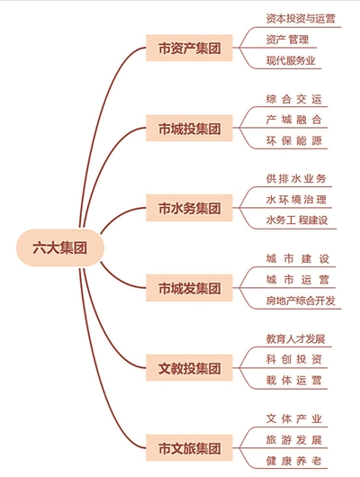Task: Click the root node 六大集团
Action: (x=60, y=247)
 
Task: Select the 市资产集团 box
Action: (x=189, y=48)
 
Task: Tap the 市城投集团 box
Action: (x=189, y=128)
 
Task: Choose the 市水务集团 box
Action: (x=189, y=208)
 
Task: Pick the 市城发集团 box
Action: (x=189, y=288)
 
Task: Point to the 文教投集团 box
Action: (x=189, y=368)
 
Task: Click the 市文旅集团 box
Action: (x=189, y=448)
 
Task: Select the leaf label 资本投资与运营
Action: (x=301, y=19)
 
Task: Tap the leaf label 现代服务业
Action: (x=291, y=60)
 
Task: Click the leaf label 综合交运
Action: (x=294, y=99)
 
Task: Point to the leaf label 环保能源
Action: (x=294, y=140)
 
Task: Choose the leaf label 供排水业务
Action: (x=296, y=178)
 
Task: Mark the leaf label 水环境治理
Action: (x=296, y=200)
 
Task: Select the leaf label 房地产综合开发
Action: (x=301, y=301)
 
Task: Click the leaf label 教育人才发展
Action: (x=295, y=339)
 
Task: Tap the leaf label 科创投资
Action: (x=294, y=359)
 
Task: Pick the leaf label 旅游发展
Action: (x=294, y=440)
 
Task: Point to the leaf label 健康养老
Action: (x=294, y=461)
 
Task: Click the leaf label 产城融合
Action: (x=294, y=120)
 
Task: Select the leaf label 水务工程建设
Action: (x=297, y=220)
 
